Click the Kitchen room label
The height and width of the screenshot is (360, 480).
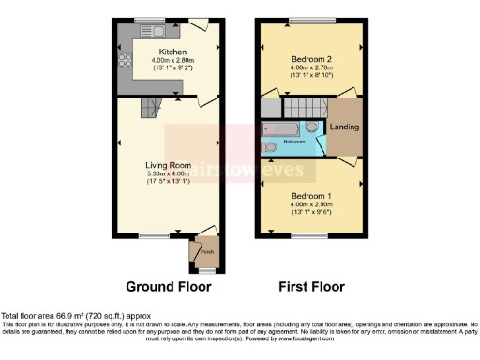point(172,52)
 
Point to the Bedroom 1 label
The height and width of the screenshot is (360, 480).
point(311,196)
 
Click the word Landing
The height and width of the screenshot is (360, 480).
point(344,127)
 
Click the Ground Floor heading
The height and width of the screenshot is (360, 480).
point(168,287)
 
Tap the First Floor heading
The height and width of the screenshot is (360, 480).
point(311,287)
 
